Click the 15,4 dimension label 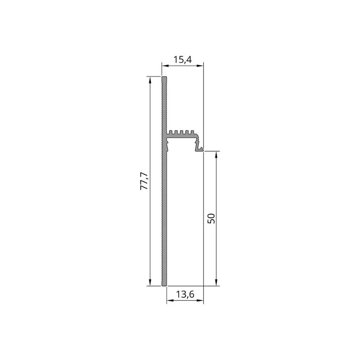[182, 60]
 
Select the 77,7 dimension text [144, 181]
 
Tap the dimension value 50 [211, 218]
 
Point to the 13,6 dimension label [185, 294]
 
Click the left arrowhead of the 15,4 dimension [164, 66]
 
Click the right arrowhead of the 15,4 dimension [201, 66]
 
